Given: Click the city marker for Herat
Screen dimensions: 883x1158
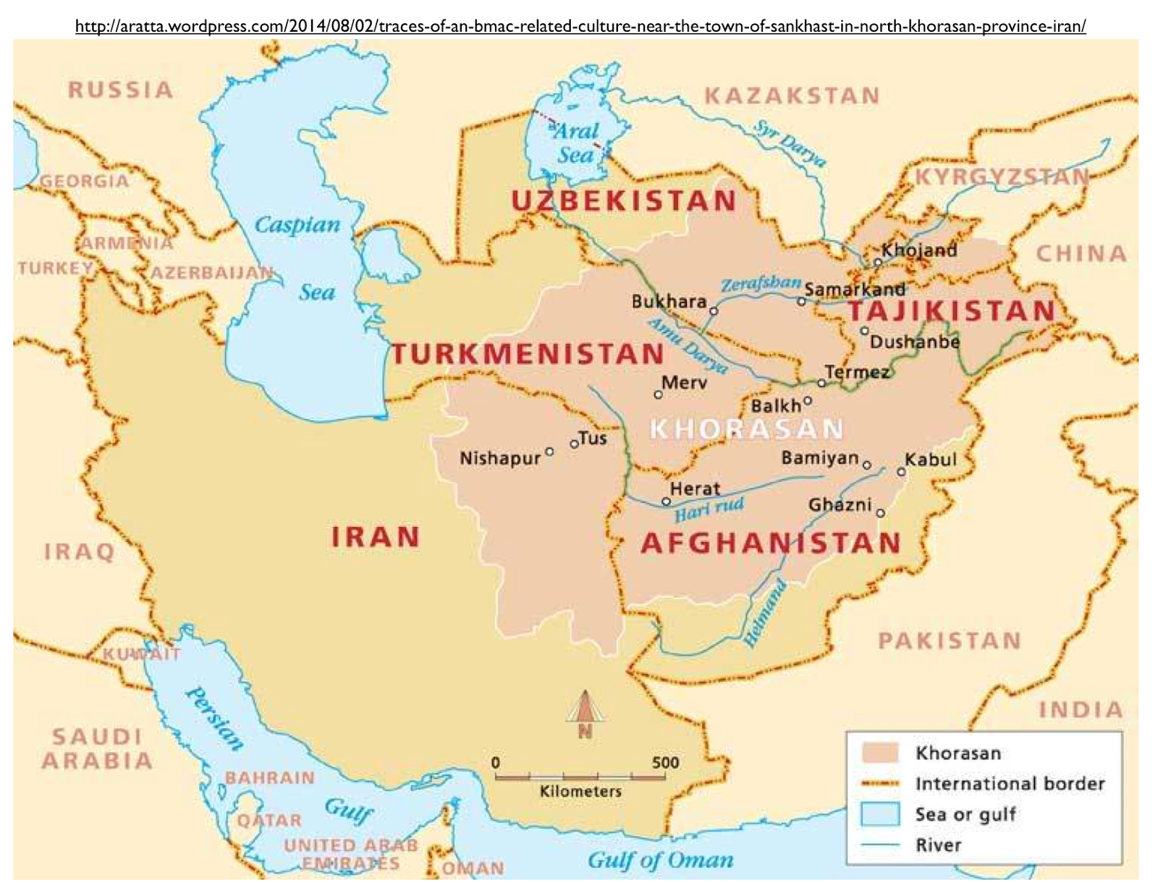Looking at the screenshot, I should click(x=666, y=501).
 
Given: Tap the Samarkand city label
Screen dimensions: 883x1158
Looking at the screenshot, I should click(x=855, y=290).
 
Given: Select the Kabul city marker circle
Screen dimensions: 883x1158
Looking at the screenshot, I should click(x=901, y=471).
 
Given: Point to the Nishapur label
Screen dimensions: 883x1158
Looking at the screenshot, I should click(x=500, y=458).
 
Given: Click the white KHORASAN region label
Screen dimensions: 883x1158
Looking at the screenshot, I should click(x=747, y=428).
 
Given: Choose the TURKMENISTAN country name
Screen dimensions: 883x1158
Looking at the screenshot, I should click(x=528, y=354).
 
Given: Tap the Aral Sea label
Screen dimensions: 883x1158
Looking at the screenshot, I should click(x=576, y=143).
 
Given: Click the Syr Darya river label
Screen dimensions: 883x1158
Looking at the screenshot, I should click(x=790, y=143).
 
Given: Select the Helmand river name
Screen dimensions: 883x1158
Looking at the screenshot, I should click(x=766, y=613).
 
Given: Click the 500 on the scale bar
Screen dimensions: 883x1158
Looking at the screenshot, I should click(x=664, y=762).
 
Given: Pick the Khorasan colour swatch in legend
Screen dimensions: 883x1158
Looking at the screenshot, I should click(x=879, y=753).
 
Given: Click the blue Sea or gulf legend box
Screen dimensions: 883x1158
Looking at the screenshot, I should click(x=879, y=814).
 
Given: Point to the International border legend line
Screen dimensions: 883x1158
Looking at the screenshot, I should click(x=879, y=783).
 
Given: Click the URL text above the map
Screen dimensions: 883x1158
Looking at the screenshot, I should click(x=580, y=27).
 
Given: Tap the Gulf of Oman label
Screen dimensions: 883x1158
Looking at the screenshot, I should click(x=660, y=860).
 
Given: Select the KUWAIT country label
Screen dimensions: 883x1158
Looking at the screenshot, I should click(x=141, y=654).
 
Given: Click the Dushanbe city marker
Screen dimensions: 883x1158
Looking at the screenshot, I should click(x=864, y=331).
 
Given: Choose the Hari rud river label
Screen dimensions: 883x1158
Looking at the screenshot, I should click(x=709, y=509).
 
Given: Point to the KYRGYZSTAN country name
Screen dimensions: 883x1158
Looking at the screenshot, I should click(x=1002, y=177).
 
